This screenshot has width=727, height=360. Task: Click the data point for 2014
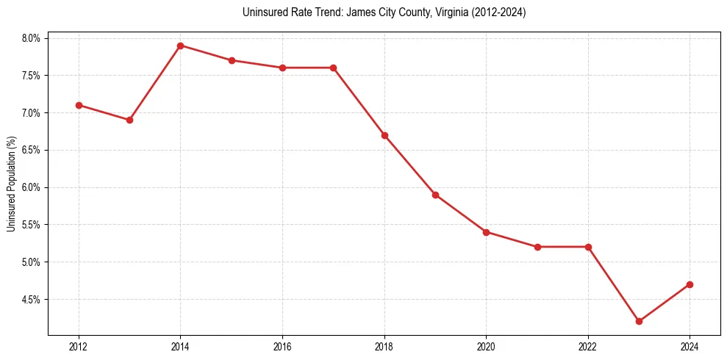pyautogui.click(x=180, y=46)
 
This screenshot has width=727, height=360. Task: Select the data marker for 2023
pyautogui.click(x=639, y=321)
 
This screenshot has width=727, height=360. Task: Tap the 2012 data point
pyautogui.click(x=79, y=105)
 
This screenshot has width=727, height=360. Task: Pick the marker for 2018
pyautogui.click(x=384, y=135)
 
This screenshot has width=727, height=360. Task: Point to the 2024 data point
pyautogui.click(x=690, y=284)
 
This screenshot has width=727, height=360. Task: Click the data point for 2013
pyautogui.click(x=129, y=120)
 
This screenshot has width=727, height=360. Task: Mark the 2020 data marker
pyautogui.click(x=486, y=232)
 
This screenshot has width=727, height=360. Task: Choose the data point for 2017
pyautogui.click(x=333, y=68)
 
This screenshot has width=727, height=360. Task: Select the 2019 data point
pyautogui.click(x=435, y=195)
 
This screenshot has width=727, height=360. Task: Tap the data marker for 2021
pyautogui.click(x=537, y=247)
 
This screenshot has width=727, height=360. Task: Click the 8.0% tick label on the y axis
pyautogui.click(x=35, y=38)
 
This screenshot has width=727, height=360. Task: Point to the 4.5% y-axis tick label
pyautogui.click(x=35, y=300)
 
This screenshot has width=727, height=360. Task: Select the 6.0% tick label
pyautogui.click(x=35, y=187)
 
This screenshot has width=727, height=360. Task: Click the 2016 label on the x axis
pyautogui.click(x=282, y=347)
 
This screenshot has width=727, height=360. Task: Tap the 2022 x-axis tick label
pyautogui.click(x=588, y=347)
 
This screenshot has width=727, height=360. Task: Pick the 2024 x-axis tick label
pyautogui.click(x=690, y=347)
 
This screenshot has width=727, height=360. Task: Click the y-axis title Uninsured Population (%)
pyautogui.click(x=12, y=184)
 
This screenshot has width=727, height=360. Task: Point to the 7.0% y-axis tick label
pyautogui.click(x=35, y=113)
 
